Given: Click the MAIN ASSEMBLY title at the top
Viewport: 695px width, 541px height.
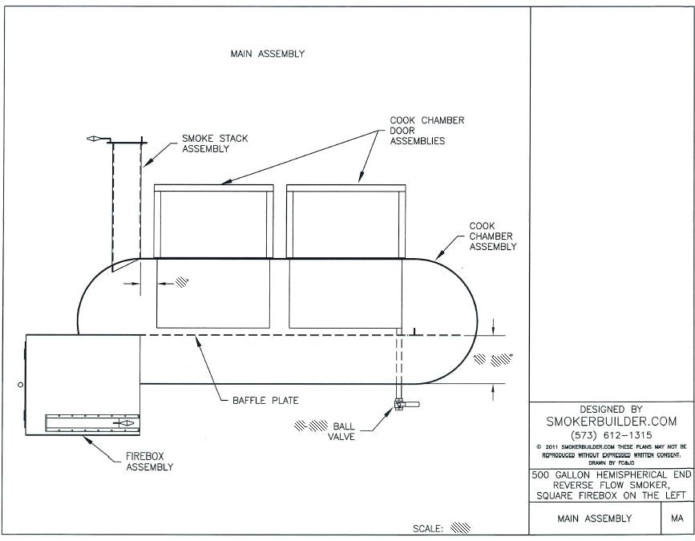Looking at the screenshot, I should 267,55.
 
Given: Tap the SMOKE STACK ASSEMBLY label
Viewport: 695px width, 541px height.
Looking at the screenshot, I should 215,143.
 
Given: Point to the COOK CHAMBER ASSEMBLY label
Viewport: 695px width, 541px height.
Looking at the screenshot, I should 492,236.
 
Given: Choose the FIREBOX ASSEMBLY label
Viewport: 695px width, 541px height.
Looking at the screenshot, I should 149,462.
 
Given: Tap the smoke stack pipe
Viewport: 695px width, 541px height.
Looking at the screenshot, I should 127,200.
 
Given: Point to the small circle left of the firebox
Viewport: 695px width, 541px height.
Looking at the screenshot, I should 20,386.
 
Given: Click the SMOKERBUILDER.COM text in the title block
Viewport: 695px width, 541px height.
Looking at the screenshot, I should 611,421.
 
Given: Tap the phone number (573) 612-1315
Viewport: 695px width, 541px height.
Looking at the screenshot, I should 611,435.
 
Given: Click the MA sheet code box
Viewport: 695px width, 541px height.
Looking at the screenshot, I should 672,519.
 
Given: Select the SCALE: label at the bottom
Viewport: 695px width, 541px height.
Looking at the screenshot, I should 428,529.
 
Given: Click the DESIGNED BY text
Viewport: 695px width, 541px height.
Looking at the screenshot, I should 611,409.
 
